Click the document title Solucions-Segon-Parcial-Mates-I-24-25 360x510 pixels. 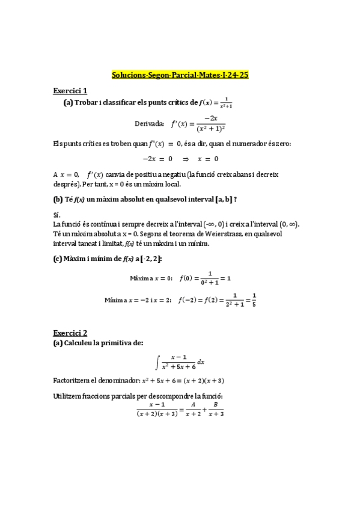180,75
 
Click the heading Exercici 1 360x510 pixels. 70,91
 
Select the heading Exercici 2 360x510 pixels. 70,333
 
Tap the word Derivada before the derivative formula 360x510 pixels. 149,124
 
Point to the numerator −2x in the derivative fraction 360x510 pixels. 210,119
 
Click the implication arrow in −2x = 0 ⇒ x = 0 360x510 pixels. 186,159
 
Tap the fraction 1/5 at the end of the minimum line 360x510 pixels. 254,299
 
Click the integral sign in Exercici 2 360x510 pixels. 157,362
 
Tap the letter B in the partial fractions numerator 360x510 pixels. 215,405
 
